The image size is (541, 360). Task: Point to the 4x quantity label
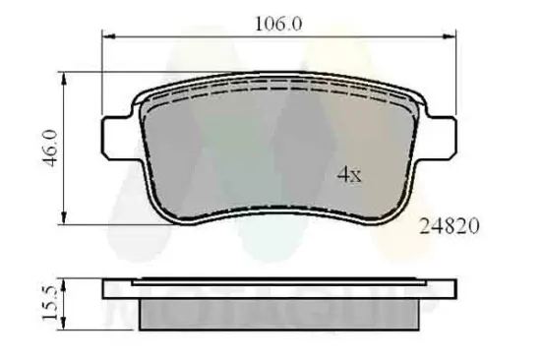350,175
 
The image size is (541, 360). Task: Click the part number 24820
448,226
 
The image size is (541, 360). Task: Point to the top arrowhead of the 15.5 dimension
65,282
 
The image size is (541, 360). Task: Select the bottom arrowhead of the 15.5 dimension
65,325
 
